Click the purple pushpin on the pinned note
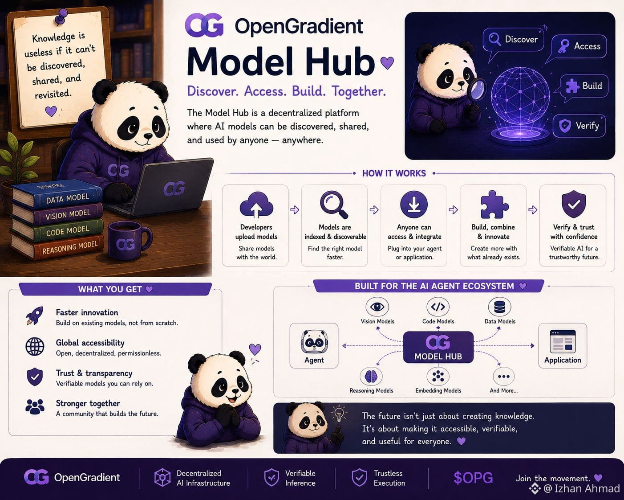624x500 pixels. point(61,16)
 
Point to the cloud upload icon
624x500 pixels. point(256,205)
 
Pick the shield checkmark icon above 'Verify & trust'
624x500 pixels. point(574,204)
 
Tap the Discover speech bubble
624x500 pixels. point(513,40)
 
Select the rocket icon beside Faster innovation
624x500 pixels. point(35,316)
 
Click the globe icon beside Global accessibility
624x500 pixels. point(35,346)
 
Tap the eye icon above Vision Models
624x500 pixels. point(377,307)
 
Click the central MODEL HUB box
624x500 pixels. point(438,347)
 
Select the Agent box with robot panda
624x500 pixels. point(314,345)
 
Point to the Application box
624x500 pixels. point(563,345)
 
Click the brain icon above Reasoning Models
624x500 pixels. point(371,376)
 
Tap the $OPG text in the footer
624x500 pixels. point(473,478)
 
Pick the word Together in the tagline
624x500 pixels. point(359,91)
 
